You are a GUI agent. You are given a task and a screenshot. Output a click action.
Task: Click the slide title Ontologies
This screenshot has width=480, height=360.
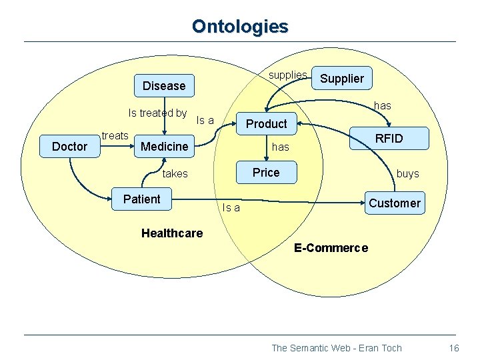click(x=240, y=27)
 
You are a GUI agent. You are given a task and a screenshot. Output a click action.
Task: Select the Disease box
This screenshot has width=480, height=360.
click(x=164, y=85)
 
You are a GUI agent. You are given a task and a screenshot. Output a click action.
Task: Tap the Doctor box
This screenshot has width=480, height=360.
click(x=69, y=146)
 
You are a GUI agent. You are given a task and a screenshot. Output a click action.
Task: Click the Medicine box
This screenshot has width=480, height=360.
click(x=164, y=146)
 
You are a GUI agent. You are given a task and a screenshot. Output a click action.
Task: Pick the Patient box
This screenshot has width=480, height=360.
click(x=142, y=199)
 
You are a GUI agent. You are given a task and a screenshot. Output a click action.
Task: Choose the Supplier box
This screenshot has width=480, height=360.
click(x=342, y=79)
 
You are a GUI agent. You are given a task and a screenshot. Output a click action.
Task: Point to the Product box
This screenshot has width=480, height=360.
click(x=266, y=123)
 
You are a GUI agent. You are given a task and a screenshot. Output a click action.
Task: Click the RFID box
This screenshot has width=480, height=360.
click(x=389, y=139)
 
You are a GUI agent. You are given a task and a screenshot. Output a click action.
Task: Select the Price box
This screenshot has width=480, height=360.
click(x=266, y=173)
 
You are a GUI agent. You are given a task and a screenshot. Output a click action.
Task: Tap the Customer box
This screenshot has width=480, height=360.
click(x=395, y=203)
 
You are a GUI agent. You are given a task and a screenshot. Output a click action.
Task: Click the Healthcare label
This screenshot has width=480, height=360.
click(x=172, y=233)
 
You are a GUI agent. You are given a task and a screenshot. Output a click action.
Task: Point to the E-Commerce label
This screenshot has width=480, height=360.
click(x=331, y=248)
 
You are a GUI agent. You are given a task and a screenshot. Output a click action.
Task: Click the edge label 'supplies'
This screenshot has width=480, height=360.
click(x=287, y=75)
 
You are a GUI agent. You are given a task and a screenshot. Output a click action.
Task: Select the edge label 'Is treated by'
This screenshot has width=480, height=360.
click(x=157, y=113)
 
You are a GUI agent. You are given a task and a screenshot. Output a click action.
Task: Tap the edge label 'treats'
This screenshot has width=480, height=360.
click(x=115, y=135)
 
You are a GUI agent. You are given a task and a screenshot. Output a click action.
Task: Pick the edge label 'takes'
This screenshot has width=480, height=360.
click(x=175, y=173)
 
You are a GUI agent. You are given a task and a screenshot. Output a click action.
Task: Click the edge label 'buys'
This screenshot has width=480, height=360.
click(x=407, y=173)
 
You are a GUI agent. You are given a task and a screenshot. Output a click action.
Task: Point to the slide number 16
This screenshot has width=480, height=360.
click(x=454, y=348)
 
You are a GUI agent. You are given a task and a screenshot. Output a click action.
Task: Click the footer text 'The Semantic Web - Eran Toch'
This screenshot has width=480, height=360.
click(x=337, y=348)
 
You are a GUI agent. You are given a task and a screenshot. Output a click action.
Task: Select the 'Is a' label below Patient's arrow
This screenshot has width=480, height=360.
click(x=231, y=208)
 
